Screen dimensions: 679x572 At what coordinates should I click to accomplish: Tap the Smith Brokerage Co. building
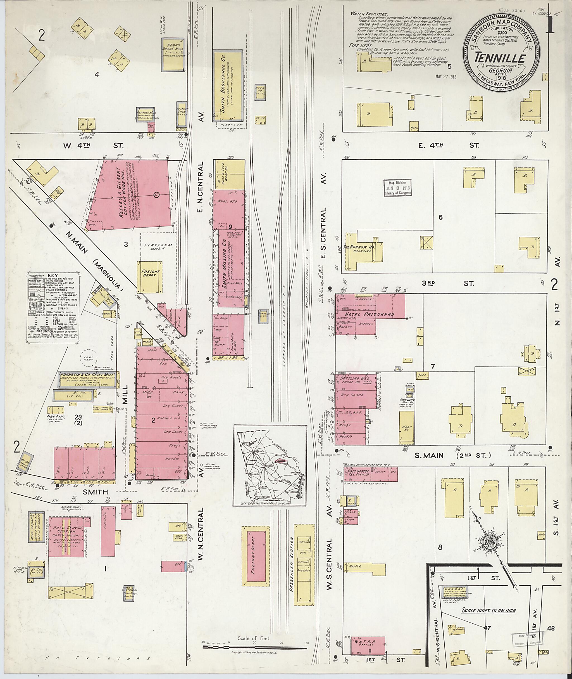(227, 86)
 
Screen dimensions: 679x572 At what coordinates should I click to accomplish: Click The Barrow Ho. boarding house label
(359, 248)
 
